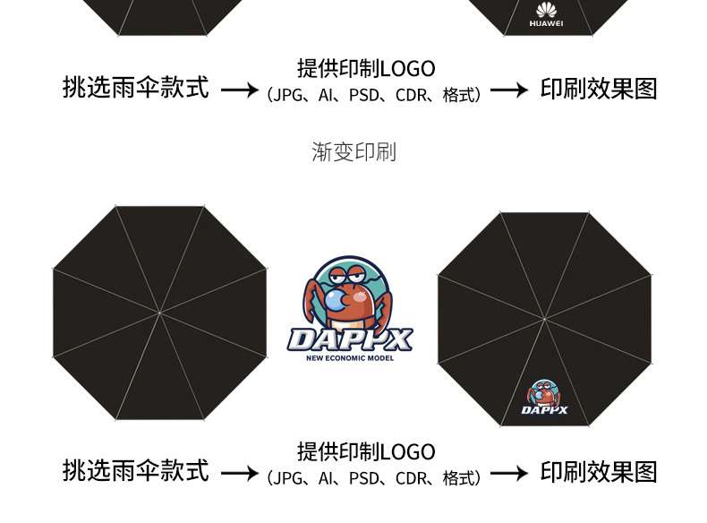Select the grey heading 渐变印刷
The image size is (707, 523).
click(353, 152)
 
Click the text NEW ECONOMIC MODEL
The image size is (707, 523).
click(350, 358)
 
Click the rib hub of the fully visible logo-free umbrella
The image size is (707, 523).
click(159, 313)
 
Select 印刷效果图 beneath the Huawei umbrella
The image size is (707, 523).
click(599, 89)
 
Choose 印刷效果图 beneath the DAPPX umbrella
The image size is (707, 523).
click(599, 471)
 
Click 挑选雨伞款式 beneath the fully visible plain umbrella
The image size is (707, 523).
click(136, 471)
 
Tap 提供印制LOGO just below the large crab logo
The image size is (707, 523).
click(366, 451)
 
